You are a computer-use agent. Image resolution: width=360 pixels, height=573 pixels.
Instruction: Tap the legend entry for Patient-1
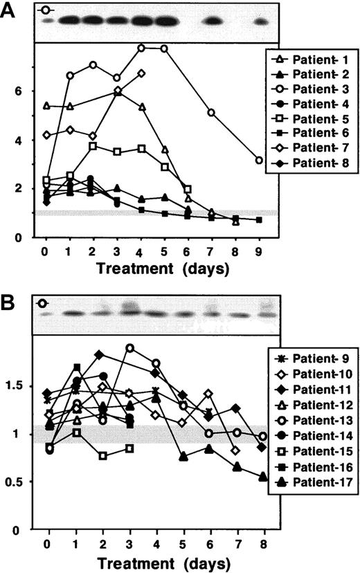[311, 56]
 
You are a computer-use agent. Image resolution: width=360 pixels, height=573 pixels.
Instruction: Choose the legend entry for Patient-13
[312, 420]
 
